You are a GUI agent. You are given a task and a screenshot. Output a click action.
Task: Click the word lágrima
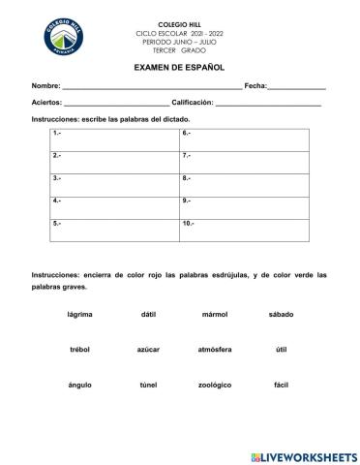(x=80, y=315)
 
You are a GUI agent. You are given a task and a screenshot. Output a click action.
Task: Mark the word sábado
(x=281, y=315)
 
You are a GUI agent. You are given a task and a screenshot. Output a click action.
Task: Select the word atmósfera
(x=215, y=350)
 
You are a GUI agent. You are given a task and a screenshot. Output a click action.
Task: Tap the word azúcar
(x=148, y=350)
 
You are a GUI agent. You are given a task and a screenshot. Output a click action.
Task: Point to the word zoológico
(x=215, y=385)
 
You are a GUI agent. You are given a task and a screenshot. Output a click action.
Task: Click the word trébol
(x=80, y=350)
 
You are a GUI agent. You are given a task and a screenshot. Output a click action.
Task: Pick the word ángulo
(x=80, y=385)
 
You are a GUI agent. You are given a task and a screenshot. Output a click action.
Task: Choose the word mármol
(x=215, y=315)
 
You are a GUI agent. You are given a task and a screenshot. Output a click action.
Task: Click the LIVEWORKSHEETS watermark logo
(x=303, y=455)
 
